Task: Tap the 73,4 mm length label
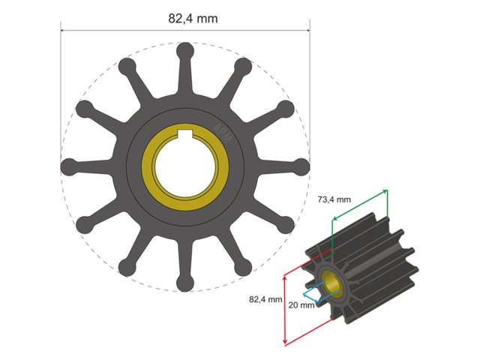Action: (333, 199)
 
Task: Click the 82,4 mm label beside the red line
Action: (265, 298)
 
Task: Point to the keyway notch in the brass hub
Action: (184, 136)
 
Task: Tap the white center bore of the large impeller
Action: (184, 166)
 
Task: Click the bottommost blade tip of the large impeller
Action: (184, 283)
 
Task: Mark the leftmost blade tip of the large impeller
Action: (68, 166)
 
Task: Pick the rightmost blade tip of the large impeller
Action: (299, 166)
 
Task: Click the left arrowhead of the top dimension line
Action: (63, 31)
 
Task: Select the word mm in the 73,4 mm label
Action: (343, 199)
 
